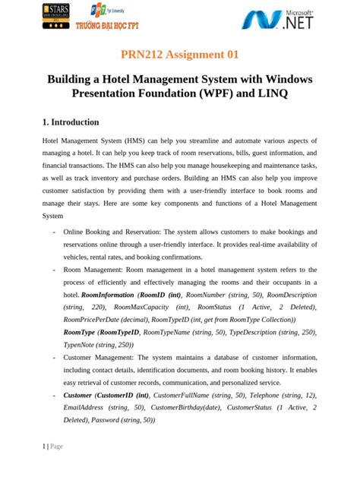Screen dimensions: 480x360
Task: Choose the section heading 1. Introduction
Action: [71, 122]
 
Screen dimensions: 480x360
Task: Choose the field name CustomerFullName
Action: [185, 396]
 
